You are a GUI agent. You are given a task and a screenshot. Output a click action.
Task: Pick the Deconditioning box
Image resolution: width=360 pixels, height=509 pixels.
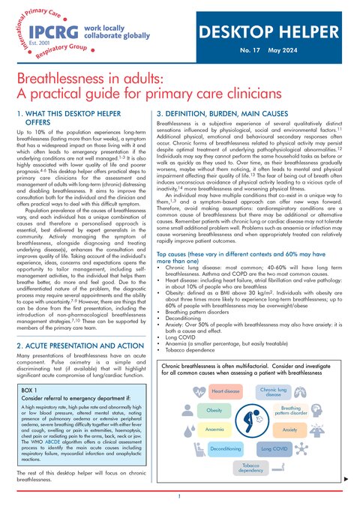coord(225,448)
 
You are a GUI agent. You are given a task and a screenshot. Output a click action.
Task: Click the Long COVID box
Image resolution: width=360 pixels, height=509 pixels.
coord(273,448)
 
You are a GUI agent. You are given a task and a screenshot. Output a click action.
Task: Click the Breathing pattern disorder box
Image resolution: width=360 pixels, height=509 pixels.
coord(289,411)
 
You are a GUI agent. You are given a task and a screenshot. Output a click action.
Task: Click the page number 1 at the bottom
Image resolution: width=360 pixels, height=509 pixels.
coord(180,496)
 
